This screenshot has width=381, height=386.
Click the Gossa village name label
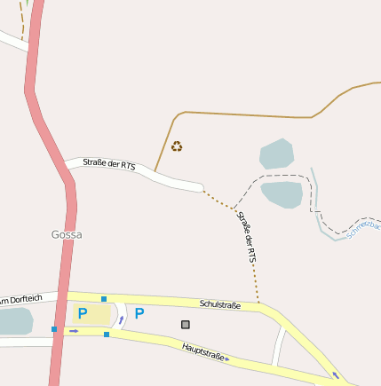point(67,234)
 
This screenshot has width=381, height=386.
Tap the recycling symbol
point(177,146)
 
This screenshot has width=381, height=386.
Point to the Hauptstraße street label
point(205,351)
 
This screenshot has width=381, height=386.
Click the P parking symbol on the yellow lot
point(83,313)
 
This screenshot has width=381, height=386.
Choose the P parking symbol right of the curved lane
point(139,313)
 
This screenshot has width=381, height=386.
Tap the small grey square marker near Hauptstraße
point(186,324)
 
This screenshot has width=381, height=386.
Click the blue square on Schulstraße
point(104,298)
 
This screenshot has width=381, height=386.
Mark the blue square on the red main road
point(54,329)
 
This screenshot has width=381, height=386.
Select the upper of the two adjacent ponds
point(276,154)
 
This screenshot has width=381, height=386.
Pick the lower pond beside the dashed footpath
point(282,193)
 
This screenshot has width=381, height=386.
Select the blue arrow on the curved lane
point(122,319)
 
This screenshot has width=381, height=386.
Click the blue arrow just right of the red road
point(74,331)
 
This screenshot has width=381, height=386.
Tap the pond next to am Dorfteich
point(13,321)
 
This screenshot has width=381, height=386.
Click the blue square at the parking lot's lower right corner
point(107,335)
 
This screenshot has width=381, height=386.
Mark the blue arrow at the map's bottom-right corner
point(336,375)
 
